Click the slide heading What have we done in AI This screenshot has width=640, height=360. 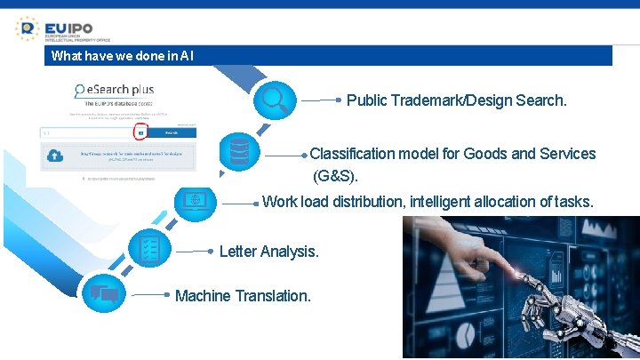pos(122,56)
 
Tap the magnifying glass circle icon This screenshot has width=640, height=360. pos(274,100)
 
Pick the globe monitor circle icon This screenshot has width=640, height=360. pos(193,199)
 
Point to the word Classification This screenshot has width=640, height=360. pos(352,154)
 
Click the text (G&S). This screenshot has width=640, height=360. pos(336,176)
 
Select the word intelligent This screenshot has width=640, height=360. pos(441,202)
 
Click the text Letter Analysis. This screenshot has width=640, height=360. pos(268,252)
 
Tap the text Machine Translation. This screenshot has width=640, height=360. pos(243,296)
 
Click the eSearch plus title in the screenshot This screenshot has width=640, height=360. pos(116,90)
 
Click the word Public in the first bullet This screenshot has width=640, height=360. pos(366,100)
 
